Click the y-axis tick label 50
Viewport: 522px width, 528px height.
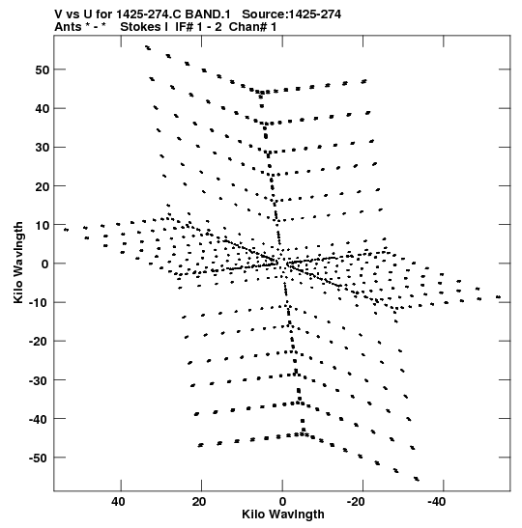point(43,70)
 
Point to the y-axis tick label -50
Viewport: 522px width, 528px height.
point(39,459)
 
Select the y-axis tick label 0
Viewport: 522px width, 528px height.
point(45,264)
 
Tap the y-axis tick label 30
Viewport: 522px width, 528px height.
point(43,148)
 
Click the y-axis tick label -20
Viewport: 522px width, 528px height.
point(39,342)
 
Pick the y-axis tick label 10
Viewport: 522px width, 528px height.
point(43,225)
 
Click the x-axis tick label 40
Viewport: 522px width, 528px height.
point(118,502)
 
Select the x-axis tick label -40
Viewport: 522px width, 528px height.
point(438,502)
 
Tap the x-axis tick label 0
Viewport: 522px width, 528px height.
point(282,502)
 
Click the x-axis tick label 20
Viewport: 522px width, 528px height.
point(199,502)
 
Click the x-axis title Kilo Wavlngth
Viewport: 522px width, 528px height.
point(283,514)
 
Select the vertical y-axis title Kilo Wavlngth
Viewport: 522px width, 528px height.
point(18,263)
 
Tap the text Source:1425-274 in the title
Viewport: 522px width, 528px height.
point(292,14)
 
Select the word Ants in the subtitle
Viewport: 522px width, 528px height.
point(68,27)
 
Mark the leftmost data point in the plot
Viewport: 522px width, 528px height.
point(66,230)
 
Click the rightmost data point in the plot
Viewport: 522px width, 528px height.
point(499,297)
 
